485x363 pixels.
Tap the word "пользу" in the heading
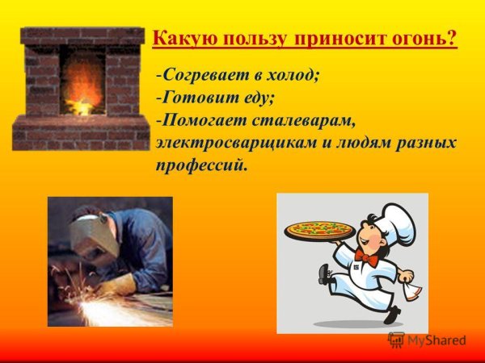coord(248,39)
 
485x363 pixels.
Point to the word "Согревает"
coord(202,76)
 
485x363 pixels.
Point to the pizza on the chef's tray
coord(318,228)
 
